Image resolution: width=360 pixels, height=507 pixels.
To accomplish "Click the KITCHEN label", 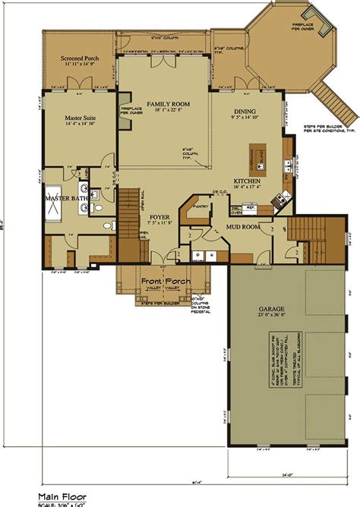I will [248, 181].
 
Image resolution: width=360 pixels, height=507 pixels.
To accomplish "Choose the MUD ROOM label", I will [245, 226].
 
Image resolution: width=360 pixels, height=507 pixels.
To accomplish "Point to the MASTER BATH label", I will [67, 199].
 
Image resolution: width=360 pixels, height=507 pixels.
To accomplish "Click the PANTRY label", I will [201, 205].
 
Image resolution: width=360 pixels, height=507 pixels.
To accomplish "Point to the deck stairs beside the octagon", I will [338, 92].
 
